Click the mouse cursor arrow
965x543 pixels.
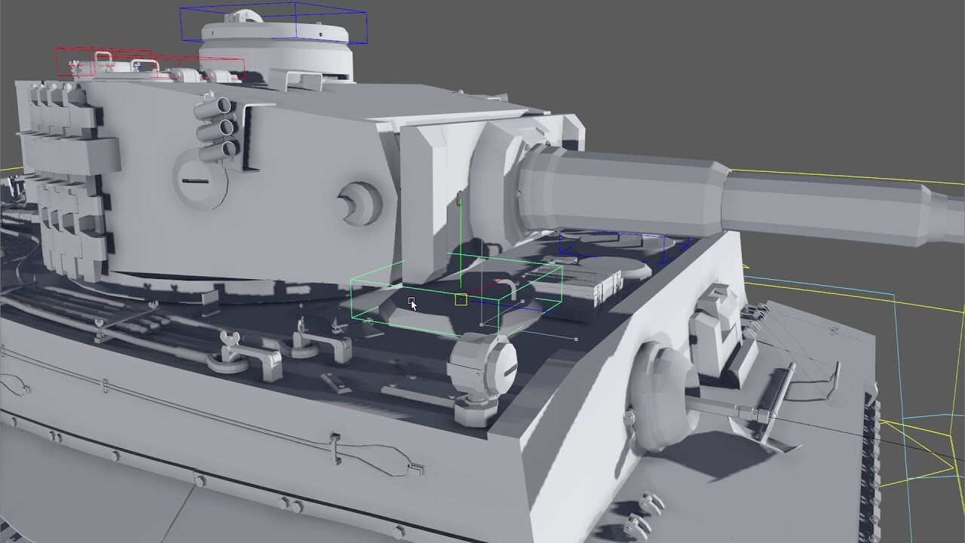click(412, 304)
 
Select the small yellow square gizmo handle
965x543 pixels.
click(461, 299)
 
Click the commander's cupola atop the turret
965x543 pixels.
click(276, 46)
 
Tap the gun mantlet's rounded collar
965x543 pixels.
click(494, 185)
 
